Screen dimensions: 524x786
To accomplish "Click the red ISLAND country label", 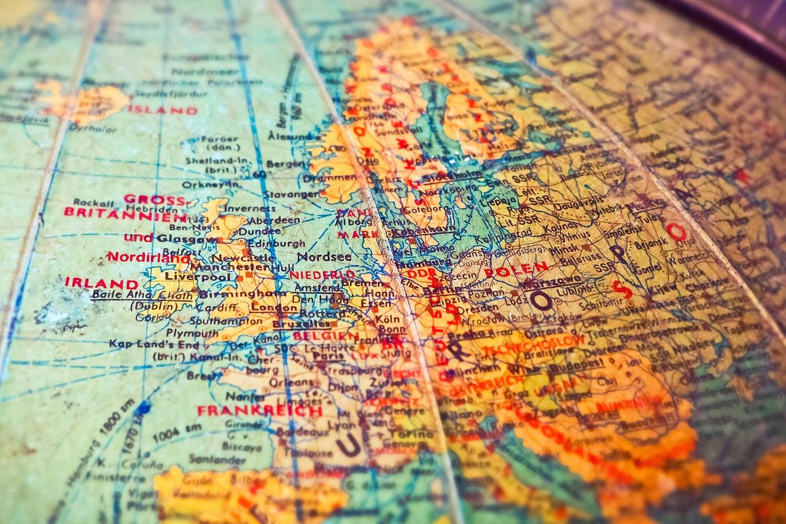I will coord(163,111).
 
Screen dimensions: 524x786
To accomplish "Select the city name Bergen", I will coord(286,164).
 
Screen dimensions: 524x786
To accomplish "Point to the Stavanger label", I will coord(282,195).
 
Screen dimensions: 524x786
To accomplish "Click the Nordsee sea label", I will coord(324,257).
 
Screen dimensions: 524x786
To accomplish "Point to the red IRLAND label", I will coord(101,283).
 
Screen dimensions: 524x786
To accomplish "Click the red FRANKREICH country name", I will coord(259,411).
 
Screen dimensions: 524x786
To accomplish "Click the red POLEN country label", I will coord(516,270).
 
